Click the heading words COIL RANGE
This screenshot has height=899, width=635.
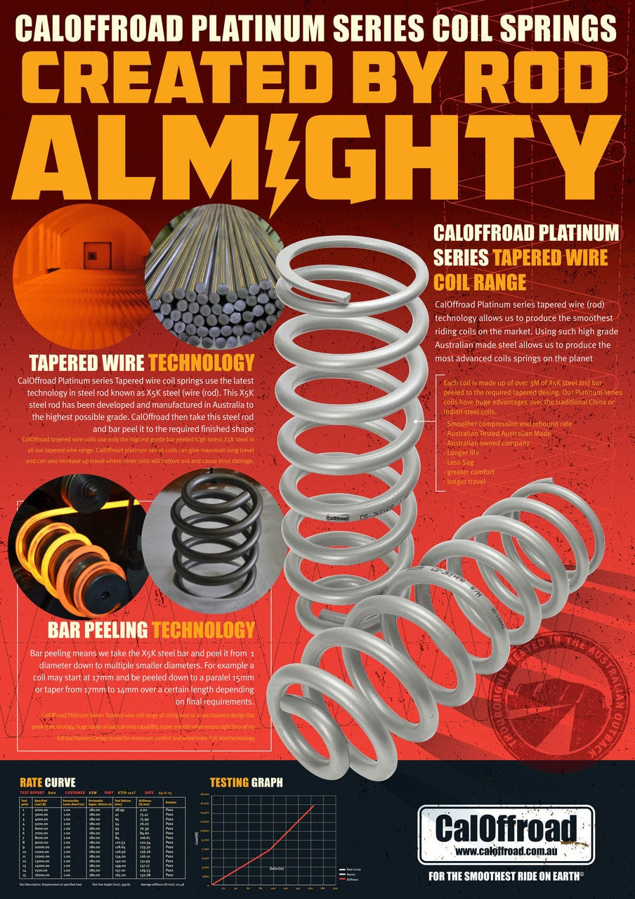click(480, 282)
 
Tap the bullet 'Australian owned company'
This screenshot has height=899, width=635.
click(488, 443)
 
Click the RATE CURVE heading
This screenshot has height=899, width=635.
click(48, 782)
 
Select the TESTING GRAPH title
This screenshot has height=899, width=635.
click(246, 782)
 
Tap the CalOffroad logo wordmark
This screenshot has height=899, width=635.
click(506, 829)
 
